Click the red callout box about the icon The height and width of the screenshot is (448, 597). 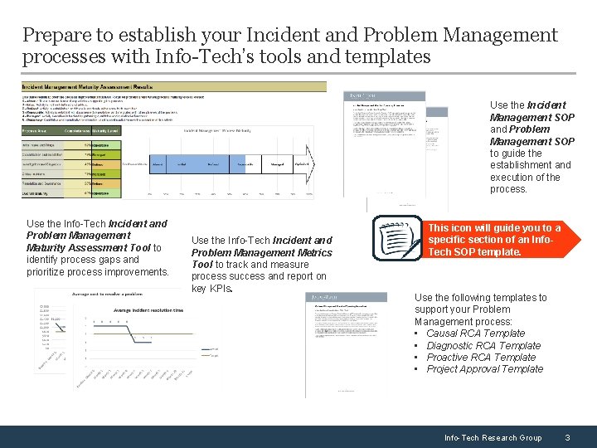(494, 240)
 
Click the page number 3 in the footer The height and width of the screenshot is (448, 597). (566, 437)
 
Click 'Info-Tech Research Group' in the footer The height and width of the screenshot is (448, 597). (493, 437)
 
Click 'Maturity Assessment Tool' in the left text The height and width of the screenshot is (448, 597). (87, 247)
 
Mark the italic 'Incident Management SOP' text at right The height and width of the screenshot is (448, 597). (531, 111)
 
